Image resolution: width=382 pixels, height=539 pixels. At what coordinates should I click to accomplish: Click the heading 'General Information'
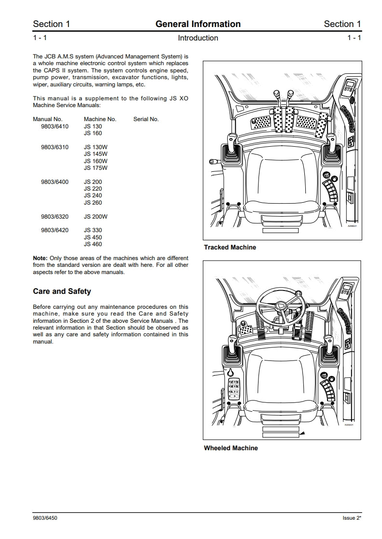(198, 24)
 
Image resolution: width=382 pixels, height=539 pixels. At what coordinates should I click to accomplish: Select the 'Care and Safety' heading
(62, 291)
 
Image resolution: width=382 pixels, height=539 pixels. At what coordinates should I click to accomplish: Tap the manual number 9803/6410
(55, 126)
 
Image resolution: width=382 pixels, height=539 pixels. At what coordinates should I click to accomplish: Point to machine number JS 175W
(95, 168)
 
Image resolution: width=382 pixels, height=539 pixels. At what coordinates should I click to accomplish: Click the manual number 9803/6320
(55, 217)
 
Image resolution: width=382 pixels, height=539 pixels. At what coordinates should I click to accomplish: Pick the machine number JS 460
(93, 244)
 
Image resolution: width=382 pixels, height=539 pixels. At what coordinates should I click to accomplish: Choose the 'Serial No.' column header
(146, 119)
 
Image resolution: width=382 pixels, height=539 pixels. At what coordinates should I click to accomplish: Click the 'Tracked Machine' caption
(230, 248)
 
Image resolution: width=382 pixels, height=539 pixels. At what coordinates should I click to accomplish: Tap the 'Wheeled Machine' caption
(231, 448)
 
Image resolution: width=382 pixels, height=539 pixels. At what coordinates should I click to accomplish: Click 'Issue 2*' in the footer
(348, 519)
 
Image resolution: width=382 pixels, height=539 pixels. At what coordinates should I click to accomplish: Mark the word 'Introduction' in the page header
(198, 38)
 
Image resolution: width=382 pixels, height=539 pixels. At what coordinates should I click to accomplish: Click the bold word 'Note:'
(40, 258)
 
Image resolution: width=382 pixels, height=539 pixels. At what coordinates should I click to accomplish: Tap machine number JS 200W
(95, 217)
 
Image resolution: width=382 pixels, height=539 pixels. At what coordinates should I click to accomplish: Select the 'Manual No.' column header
(48, 119)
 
